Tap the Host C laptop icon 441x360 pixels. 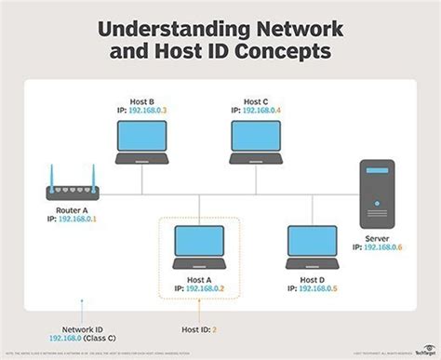pos(257,137)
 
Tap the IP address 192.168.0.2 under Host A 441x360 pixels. pos(207,289)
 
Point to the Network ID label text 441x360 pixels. pos(83,328)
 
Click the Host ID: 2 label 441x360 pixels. pos(199,328)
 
